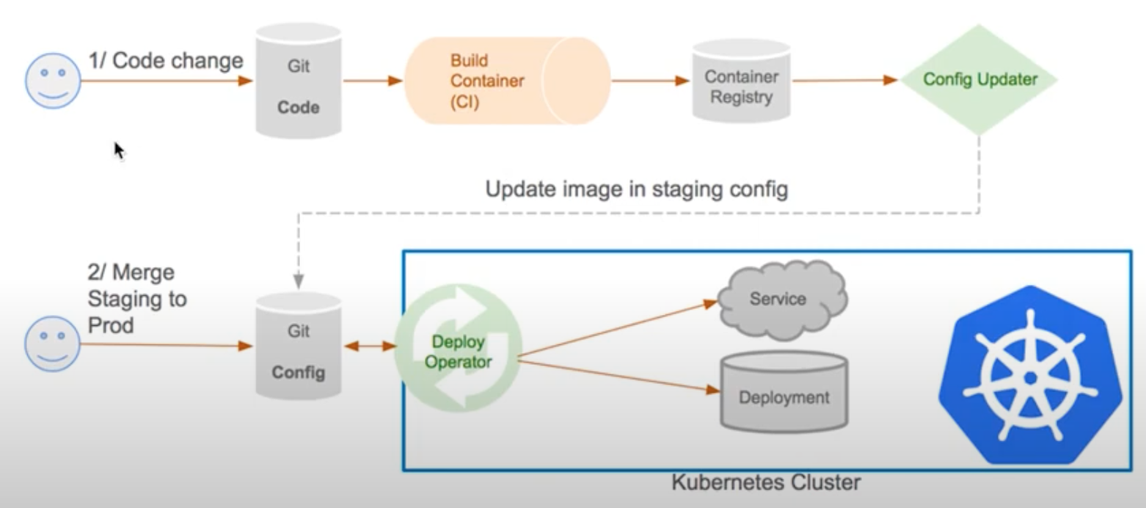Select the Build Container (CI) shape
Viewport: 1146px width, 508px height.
(506, 81)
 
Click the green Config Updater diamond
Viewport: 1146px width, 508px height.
(979, 79)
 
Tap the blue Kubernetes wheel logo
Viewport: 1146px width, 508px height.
(1029, 375)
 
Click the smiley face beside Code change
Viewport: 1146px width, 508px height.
(53, 81)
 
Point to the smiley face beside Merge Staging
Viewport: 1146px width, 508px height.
(53, 344)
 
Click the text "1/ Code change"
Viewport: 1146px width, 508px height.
(166, 60)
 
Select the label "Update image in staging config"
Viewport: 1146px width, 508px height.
(636, 189)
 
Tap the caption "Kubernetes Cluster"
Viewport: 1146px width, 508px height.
(765, 483)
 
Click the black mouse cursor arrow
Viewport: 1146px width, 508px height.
(119, 150)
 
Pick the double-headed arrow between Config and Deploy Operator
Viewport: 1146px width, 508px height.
(370, 345)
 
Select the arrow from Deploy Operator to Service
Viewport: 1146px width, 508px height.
(616, 329)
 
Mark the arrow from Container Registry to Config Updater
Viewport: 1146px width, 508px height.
(844, 80)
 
